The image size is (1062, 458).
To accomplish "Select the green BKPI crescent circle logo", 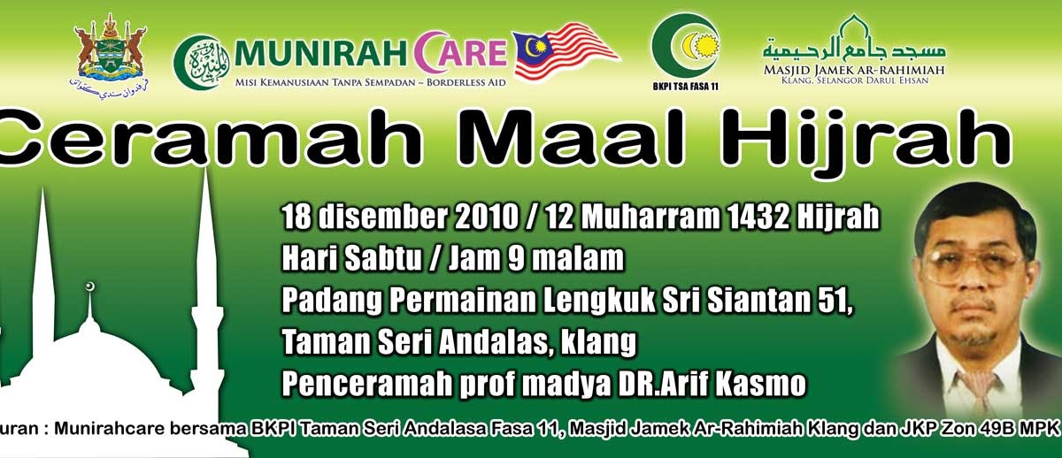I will click(685, 43).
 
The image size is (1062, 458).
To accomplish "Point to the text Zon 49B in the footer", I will click(985, 429).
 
